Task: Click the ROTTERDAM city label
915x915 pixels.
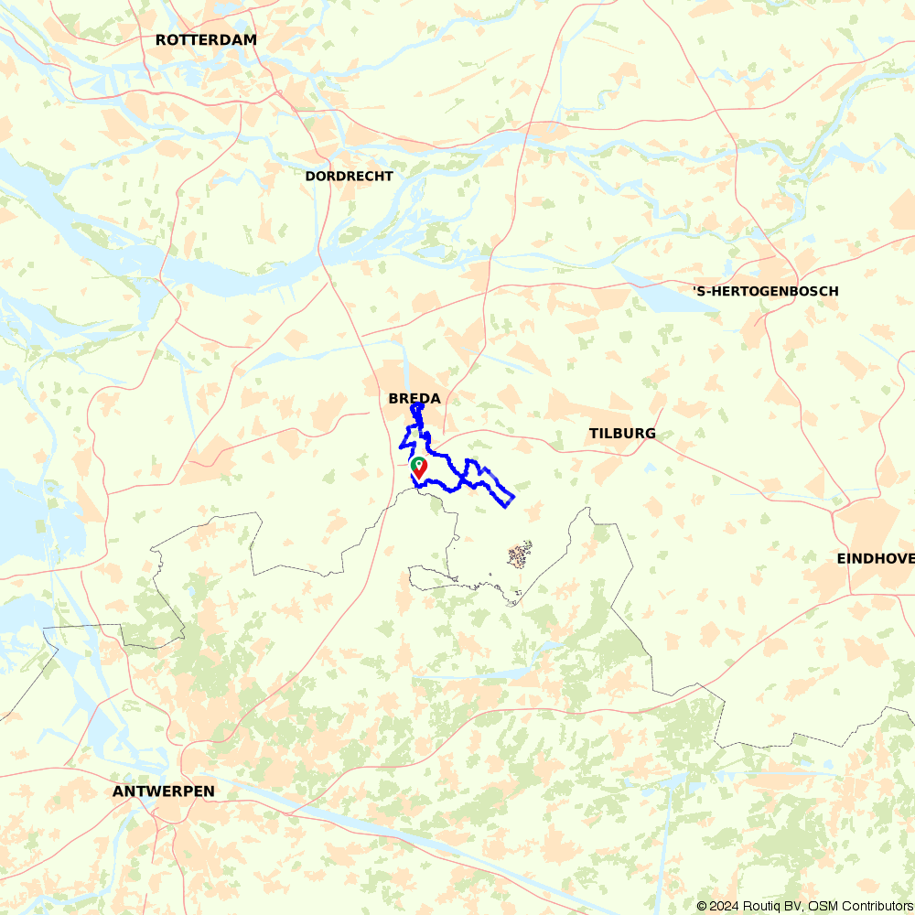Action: tap(206, 39)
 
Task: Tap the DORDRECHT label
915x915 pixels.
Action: tap(349, 176)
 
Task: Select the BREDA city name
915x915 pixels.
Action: tap(414, 398)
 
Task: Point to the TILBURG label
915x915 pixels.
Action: tap(622, 433)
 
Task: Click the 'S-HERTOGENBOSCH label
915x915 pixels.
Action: tap(765, 291)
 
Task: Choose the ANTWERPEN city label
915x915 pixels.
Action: tap(164, 791)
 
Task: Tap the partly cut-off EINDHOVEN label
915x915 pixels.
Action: tap(875, 558)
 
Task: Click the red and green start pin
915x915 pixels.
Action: tap(419, 468)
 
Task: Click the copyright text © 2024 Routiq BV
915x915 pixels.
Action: tap(748, 906)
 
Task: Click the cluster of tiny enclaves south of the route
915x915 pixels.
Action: tap(520, 555)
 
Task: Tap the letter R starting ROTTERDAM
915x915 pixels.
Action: tap(161, 39)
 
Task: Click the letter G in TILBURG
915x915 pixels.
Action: tap(650, 433)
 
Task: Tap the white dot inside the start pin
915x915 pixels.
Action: tap(419, 464)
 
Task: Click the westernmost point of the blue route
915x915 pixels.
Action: tap(401, 447)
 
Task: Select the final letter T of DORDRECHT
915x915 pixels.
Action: tap(389, 176)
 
